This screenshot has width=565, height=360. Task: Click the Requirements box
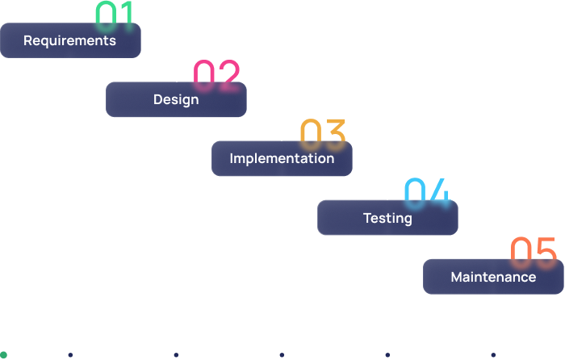(70, 40)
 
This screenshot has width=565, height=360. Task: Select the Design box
(176, 99)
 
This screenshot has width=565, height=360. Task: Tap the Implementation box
(282, 158)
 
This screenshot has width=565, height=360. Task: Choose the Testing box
(387, 218)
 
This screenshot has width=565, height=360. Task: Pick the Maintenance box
(493, 277)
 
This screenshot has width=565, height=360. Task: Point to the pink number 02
(217, 74)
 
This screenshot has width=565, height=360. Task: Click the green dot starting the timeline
(3, 354)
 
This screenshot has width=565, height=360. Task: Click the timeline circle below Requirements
(70, 354)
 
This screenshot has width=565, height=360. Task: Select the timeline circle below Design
(176, 354)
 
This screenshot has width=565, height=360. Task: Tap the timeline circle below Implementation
(282, 354)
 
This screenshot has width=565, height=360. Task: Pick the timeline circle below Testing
(387, 354)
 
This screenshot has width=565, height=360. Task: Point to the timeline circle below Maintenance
(493, 354)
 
